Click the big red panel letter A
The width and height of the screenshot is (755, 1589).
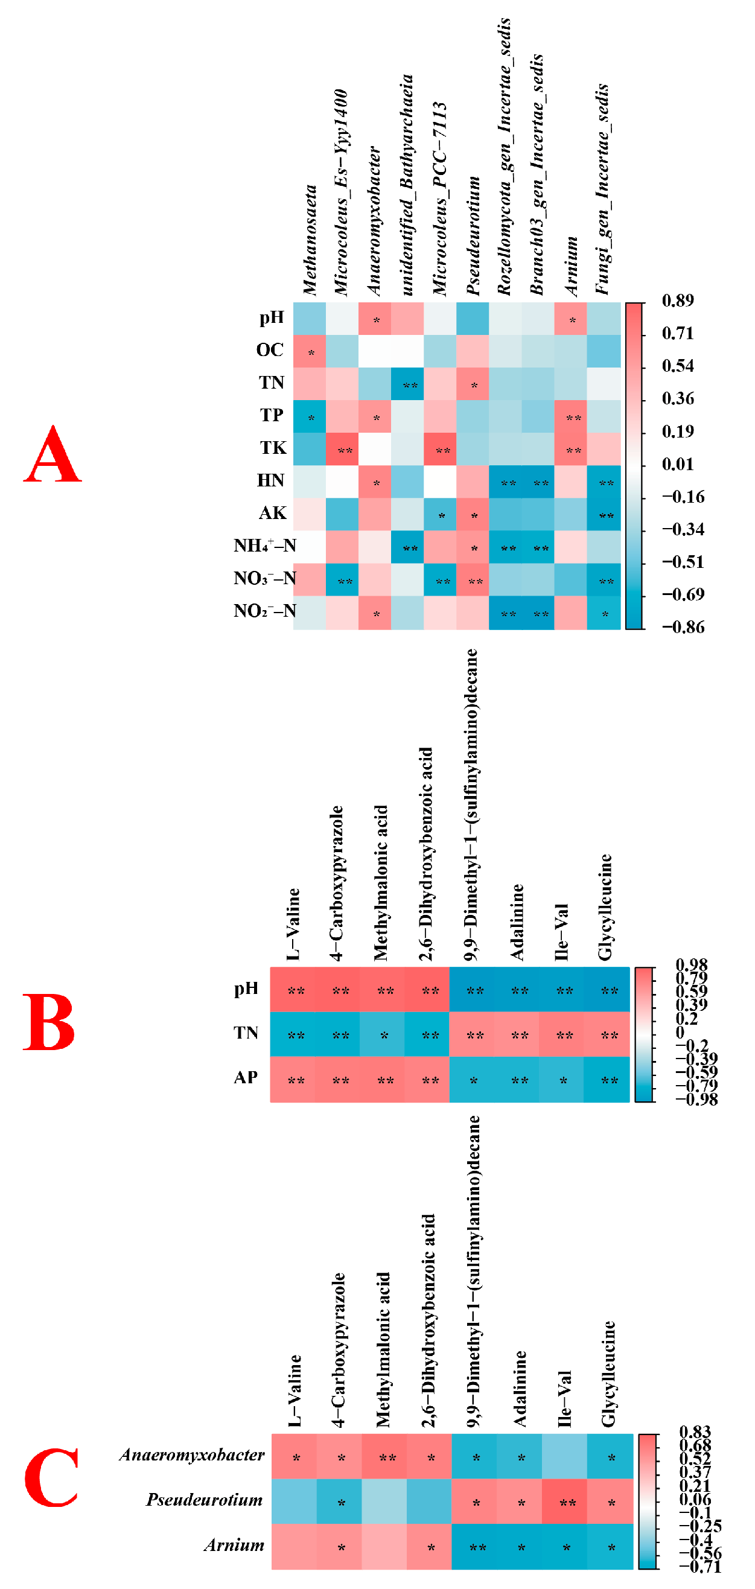click(x=53, y=454)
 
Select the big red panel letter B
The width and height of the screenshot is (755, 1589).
click(x=49, y=1022)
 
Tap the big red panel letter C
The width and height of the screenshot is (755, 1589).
click(x=51, y=1478)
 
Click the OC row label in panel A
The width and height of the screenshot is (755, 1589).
click(x=270, y=350)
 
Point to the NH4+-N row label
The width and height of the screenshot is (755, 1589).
click(x=264, y=546)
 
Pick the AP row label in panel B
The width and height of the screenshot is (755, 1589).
click(x=246, y=1078)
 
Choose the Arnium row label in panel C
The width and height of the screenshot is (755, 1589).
click(x=234, y=1544)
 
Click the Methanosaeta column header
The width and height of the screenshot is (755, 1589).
click(x=310, y=241)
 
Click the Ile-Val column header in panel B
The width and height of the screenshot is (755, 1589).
click(x=561, y=932)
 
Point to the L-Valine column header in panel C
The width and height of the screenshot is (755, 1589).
click(x=295, y=1391)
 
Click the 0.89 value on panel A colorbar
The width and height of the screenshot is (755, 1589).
click(x=677, y=301)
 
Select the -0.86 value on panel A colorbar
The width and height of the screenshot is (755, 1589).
click(x=682, y=628)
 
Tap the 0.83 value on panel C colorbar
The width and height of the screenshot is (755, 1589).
click(x=695, y=1431)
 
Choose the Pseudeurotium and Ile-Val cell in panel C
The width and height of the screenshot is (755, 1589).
click(x=565, y=1502)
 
